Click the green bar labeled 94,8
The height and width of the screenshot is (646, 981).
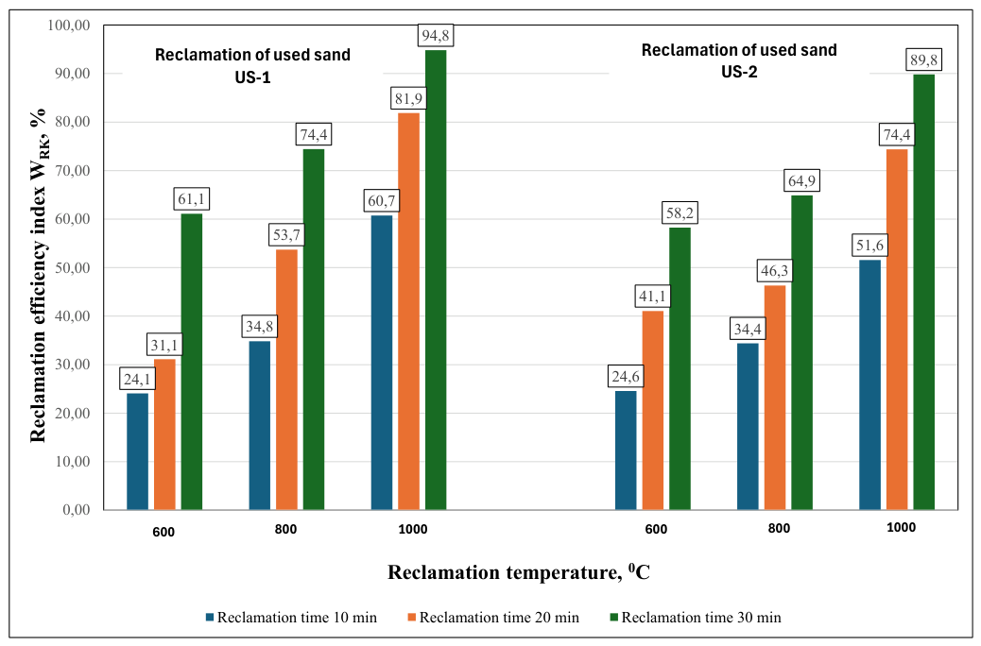[436, 280]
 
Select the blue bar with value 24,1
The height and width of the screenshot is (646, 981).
[138, 450]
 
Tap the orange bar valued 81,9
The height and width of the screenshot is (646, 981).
[408, 311]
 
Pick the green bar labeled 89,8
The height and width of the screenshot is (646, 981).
[923, 292]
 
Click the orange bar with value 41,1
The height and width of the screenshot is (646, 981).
[652, 410]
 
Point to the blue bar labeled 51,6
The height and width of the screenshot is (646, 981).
[869, 384]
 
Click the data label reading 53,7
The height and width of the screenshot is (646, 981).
[286, 235]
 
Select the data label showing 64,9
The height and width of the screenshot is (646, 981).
[801, 180]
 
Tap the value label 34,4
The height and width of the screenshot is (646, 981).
[748, 329]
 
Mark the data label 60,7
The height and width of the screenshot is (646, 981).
[382, 201]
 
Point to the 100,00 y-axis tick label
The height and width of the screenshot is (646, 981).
[69, 25]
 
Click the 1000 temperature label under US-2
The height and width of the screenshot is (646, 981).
[901, 528]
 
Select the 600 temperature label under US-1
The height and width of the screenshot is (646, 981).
[163, 532]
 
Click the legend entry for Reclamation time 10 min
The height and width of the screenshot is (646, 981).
[291, 618]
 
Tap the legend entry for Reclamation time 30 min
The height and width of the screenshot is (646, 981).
[696, 618]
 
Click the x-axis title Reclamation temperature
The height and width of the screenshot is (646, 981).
[519, 572]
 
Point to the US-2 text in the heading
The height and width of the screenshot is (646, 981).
[739, 72]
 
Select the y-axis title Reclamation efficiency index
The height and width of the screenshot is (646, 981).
[39, 276]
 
